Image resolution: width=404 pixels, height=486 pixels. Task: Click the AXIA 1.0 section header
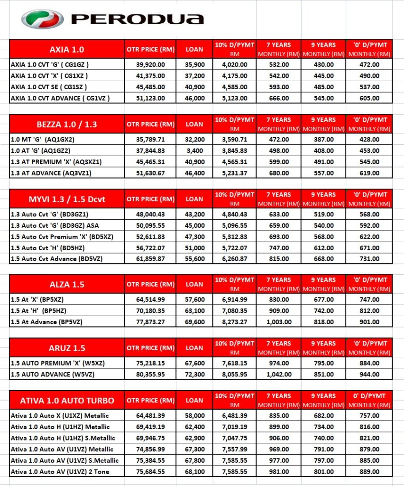[x=67, y=49]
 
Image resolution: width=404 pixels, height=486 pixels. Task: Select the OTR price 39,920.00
[x=150, y=65]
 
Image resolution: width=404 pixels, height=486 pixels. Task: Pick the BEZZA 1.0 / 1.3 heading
[x=67, y=124]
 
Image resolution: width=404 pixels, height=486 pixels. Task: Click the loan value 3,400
[x=194, y=150]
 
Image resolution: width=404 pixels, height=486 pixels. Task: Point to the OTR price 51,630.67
[x=150, y=173]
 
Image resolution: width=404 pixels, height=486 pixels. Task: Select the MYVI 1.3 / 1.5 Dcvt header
[x=67, y=199]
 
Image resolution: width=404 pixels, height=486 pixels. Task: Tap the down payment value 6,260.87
[x=235, y=259]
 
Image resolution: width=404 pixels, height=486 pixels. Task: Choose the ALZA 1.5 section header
[x=67, y=284]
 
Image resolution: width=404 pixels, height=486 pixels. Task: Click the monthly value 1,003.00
[x=279, y=321]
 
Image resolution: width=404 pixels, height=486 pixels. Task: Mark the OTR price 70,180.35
[x=150, y=310]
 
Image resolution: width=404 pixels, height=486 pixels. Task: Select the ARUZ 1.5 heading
[x=67, y=348]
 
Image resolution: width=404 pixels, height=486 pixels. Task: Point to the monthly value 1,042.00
[x=279, y=374]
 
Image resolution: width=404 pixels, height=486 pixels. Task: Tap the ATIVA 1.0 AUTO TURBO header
[x=67, y=400]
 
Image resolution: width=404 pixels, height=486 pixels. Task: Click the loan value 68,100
[x=194, y=472]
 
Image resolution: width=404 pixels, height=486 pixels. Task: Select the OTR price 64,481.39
[x=150, y=416]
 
